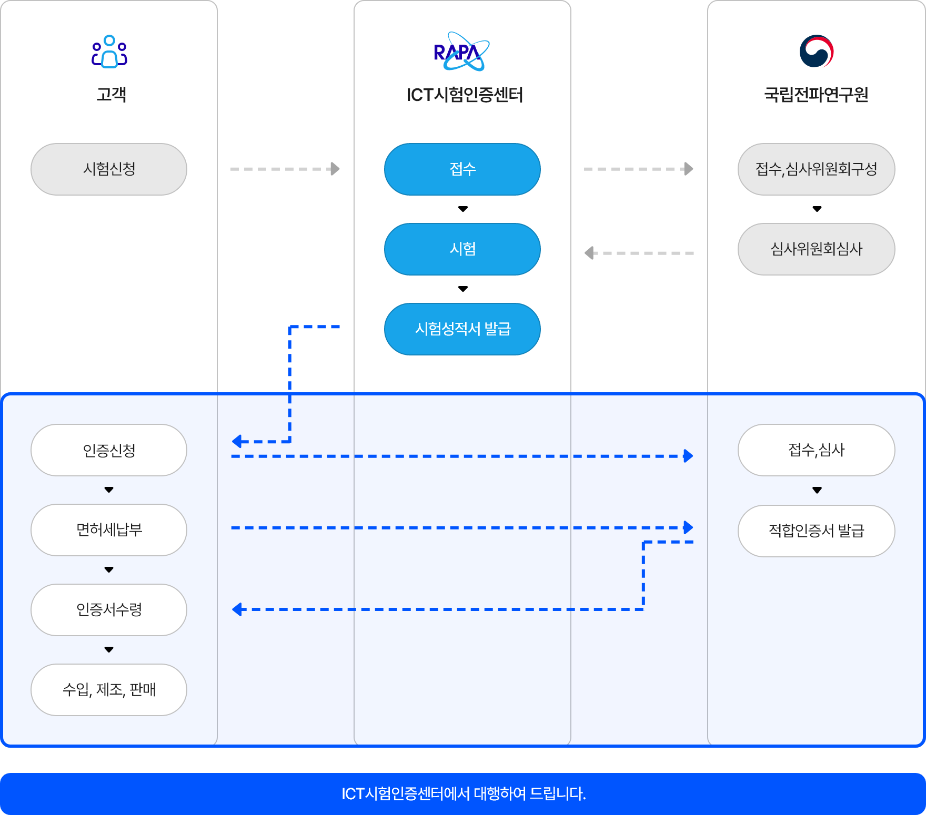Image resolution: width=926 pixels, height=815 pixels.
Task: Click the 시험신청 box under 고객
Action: click(109, 169)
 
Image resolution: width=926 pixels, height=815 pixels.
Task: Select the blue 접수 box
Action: click(462, 169)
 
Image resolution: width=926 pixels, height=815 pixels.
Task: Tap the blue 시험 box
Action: click(462, 249)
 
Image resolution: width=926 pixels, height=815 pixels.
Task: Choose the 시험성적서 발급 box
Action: click(462, 329)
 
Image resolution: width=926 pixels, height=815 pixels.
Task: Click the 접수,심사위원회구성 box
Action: click(816, 169)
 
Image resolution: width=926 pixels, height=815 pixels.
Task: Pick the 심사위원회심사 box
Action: click(816, 249)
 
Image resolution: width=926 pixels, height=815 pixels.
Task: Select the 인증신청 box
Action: click(109, 450)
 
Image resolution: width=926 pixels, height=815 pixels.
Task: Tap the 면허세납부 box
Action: click(109, 530)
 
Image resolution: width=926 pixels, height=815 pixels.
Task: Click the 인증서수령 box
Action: click(109, 610)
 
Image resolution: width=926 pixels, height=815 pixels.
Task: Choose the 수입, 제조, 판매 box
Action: click(109, 690)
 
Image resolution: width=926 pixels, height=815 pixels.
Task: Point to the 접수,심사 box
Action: click(816, 450)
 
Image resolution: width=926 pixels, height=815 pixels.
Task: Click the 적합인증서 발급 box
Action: click(816, 531)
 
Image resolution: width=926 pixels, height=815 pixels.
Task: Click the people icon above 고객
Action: click(109, 52)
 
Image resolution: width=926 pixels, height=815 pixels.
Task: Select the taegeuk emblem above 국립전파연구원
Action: click(816, 52)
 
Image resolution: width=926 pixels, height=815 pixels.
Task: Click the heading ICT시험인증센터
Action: click(464, 95)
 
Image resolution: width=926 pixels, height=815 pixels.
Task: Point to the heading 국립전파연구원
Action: click(816, 95)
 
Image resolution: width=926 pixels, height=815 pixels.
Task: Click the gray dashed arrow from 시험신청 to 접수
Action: click(285, 169)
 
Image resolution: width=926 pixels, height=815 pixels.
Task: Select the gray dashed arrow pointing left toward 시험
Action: click(639, 253)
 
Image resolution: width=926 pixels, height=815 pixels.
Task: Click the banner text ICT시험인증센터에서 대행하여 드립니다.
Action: click(463, 794)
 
